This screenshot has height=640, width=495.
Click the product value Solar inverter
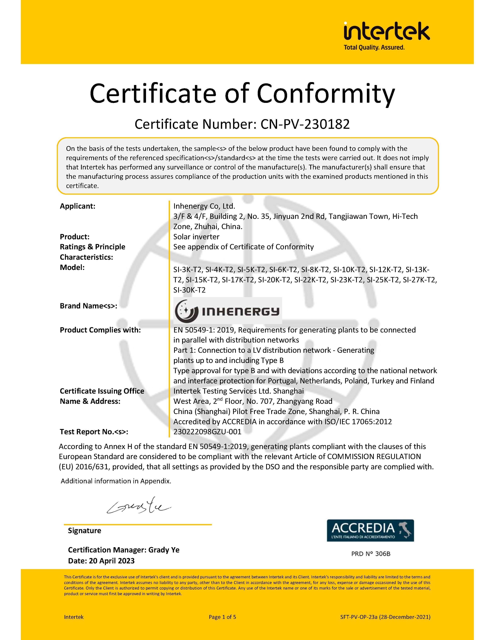click(x=196, y=237)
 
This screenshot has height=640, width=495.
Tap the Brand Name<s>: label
click(x=88, y=306)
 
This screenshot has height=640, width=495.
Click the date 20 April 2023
click(x=112, y=561)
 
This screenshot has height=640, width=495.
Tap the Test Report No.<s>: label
click(x=94, y=432)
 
